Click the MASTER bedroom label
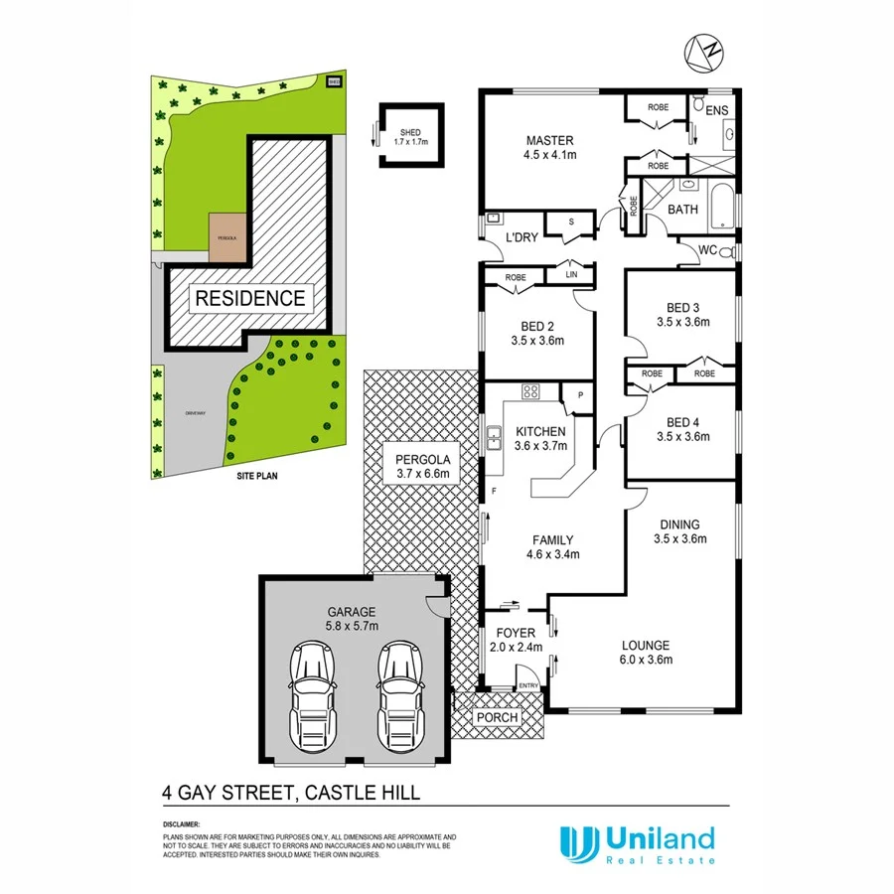550,140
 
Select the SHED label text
410,132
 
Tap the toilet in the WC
726,251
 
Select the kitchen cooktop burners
529,391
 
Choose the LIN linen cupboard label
571,273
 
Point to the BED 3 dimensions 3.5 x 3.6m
680,321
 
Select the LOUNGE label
646,644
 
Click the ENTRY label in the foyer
528,684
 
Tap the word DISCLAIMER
181,824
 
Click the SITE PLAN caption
256,477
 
